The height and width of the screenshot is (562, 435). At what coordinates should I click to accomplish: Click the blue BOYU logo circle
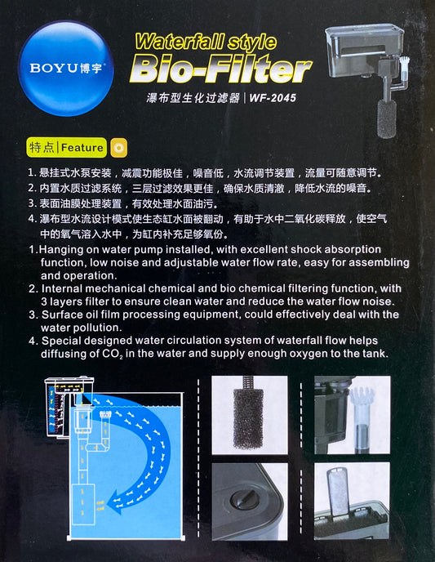[66, 68]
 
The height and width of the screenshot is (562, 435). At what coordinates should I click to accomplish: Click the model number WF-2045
[273, 98]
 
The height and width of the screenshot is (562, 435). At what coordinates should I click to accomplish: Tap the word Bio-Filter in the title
[220, 68]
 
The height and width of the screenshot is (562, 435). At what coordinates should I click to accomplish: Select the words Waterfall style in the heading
[206, 42]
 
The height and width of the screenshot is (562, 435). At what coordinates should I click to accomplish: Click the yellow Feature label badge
[67, 147]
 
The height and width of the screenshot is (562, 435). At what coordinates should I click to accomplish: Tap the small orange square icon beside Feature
[119, 148]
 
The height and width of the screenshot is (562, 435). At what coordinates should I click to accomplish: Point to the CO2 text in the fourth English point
[113, 355]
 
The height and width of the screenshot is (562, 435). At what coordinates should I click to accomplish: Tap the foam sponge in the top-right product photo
[387, 118]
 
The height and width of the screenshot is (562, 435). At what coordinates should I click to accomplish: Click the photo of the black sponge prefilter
[250, 415]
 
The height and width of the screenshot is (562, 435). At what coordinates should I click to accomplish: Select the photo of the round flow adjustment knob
[250, 502]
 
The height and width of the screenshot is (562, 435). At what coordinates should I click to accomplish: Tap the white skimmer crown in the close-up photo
[362, 398]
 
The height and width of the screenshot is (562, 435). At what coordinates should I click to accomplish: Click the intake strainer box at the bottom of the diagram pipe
[83, 504]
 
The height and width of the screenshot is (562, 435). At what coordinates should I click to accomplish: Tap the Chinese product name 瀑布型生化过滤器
[193, 98]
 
